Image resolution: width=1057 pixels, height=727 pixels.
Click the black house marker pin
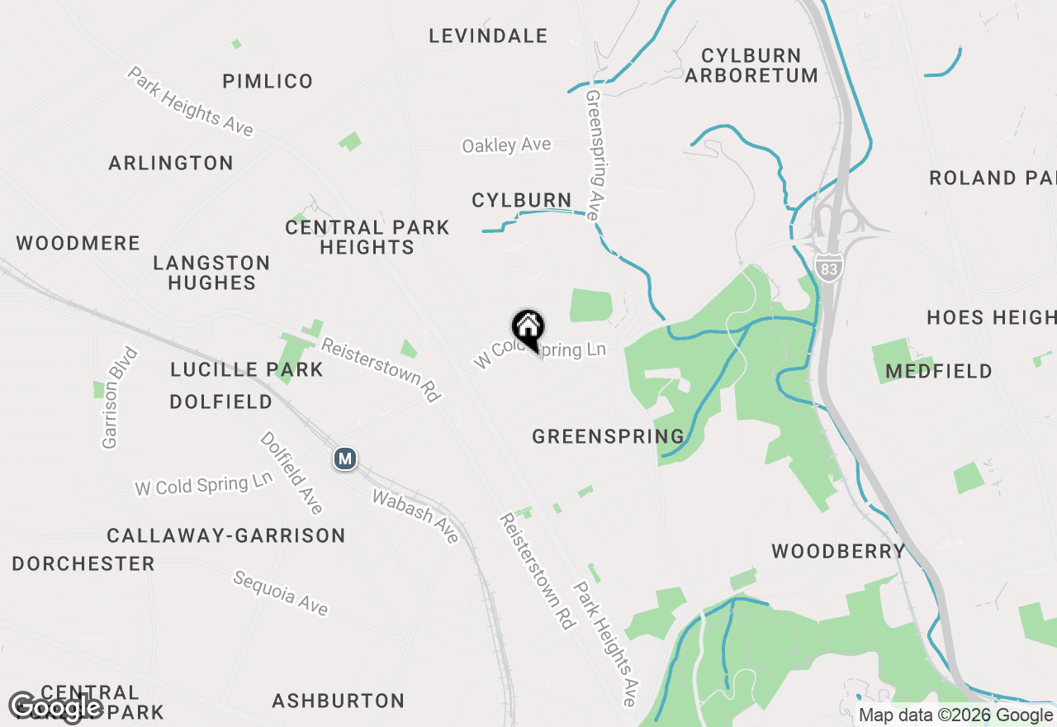coord(528,329)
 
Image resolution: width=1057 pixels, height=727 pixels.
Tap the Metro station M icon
coord(345,459)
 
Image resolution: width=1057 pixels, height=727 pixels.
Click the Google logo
coord(55,707)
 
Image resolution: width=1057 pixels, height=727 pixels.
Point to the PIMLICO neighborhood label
coord(268,81)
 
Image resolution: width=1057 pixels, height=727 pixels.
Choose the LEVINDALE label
coord(488,36)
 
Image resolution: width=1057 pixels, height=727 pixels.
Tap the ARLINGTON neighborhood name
coord(171,163)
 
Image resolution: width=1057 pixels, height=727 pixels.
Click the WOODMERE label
coord(78,243)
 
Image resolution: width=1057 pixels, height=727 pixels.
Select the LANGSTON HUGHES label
coord(211,273)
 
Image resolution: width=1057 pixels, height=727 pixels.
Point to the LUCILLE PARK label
coord(247,369)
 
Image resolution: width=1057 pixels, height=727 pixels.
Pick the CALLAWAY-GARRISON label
coord(226,535)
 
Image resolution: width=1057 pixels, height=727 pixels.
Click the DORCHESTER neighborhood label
coord(83,563)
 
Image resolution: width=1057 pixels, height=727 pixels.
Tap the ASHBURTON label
coord(339,701)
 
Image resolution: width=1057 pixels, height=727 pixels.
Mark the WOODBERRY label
coord(838,551)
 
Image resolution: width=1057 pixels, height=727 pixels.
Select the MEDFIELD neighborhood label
coord(939,372)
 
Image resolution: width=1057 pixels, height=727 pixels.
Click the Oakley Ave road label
coord(506,145)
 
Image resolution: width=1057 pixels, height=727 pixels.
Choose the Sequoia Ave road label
coord(281,592)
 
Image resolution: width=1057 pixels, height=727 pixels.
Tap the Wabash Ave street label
coord(415,517)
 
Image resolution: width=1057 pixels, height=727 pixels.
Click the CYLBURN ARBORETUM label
coord(751,65)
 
